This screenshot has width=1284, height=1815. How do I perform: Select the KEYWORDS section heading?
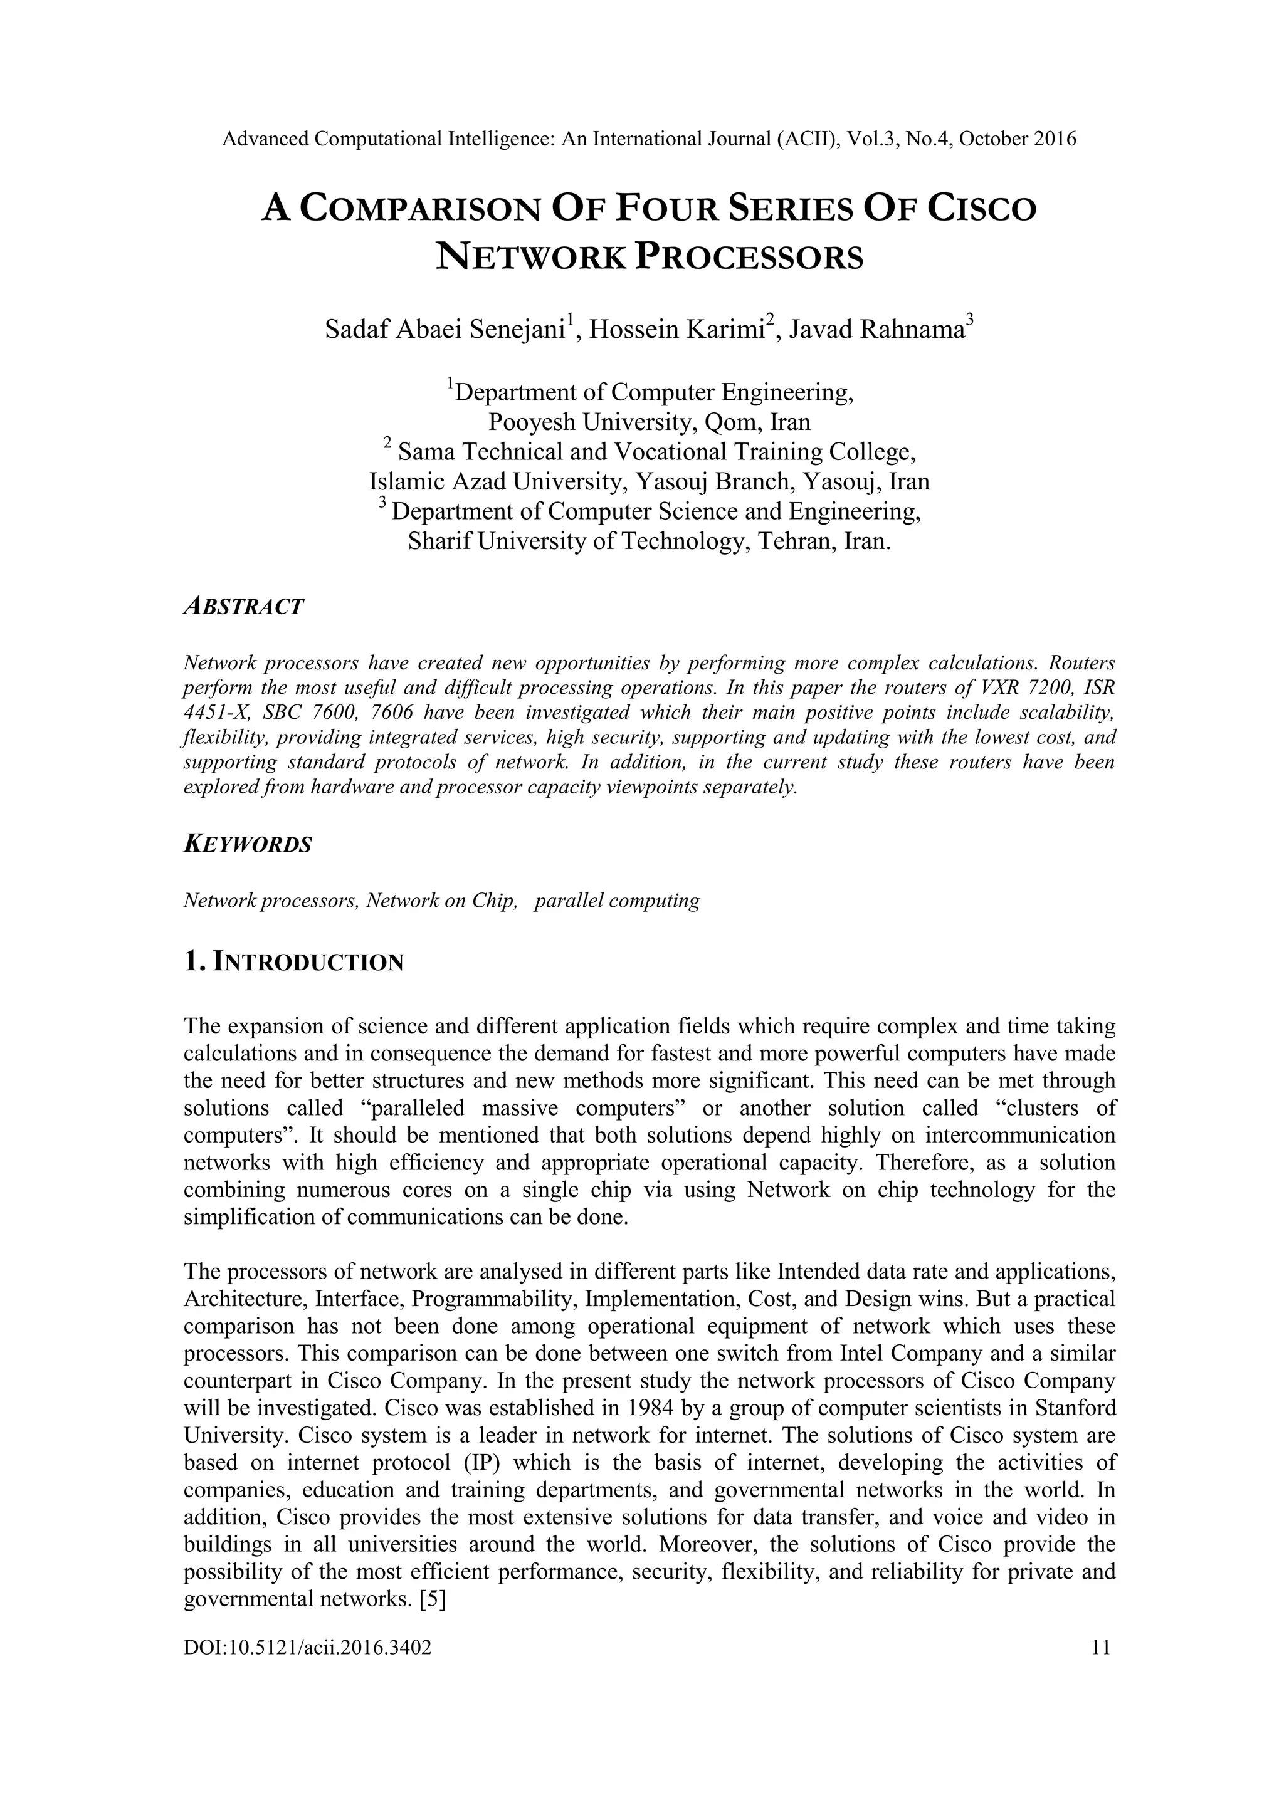248,844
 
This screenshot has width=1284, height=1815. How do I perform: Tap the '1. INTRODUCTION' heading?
293,962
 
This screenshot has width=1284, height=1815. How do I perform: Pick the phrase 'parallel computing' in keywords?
617,901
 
